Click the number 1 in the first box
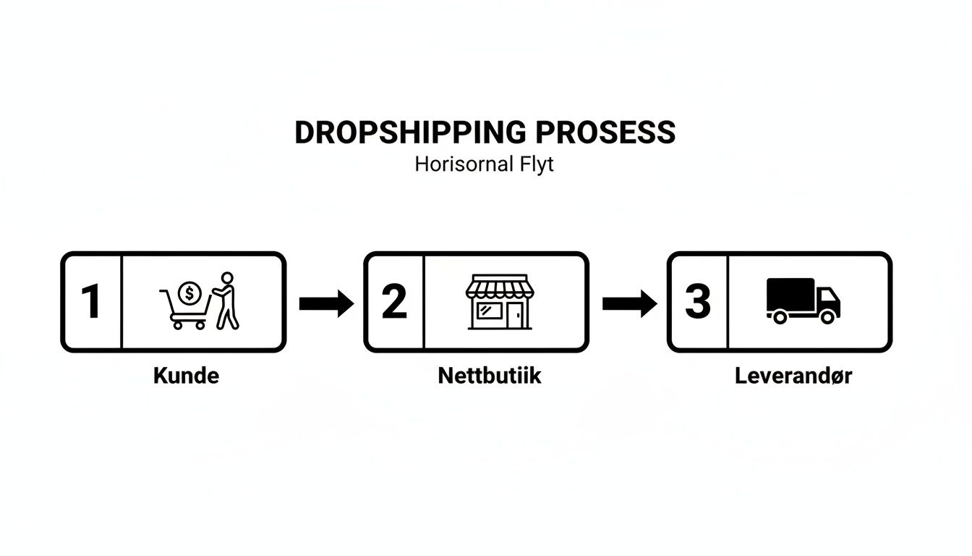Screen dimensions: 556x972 click(91, 302)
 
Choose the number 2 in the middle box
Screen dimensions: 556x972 click(394, 302)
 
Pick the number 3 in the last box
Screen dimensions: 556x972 click(697, 302)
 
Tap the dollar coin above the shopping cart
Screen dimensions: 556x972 click(189, 292)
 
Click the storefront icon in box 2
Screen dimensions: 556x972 click(500, 302)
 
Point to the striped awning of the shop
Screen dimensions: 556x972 click(500, 288)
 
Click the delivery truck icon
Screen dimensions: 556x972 click(803, 301)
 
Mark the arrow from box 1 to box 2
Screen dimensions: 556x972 click(325, 303)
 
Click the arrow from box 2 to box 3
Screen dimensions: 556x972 click(628, 303)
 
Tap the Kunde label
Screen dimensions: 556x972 click(186, 376)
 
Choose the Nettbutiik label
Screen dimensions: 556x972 click(489, 376)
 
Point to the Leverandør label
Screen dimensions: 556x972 click(793, 376)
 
